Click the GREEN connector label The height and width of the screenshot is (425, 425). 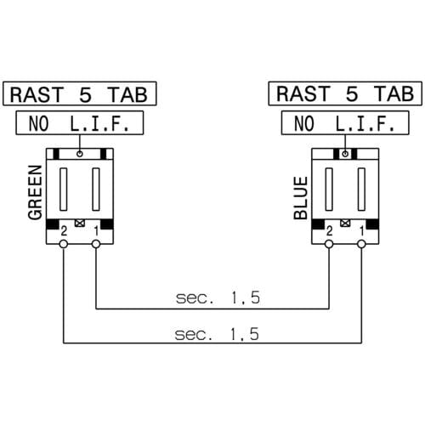tap(35, 193)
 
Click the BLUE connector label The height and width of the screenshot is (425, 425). tap(301, 198)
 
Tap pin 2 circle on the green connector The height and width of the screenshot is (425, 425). tap(64, 244)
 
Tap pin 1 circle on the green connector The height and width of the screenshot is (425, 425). tap(96, 244)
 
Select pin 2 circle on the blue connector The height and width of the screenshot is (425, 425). tap(329, 244)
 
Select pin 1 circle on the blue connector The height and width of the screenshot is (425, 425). tap(361, 244)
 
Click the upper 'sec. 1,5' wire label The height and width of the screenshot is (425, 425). tap(218, 297)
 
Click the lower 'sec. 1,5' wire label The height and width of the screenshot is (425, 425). tap(217, 334)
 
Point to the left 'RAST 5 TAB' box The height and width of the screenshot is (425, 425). tap(80, 93)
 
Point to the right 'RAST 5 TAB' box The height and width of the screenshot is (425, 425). tap(345, 93)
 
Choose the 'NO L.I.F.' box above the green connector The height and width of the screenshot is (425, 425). tap(80, 123)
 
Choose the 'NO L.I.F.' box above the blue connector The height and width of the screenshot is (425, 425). tap(345, 123)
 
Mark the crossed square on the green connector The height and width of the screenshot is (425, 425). tap(80, 223)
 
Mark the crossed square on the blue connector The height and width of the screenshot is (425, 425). tap(345, 223)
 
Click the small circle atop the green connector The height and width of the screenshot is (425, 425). tap(80, 154)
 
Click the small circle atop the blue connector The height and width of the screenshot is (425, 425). tap(345, 154)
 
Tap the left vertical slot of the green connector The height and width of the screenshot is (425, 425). tap(64, 190)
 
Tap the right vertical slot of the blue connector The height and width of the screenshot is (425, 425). tap(361, 190)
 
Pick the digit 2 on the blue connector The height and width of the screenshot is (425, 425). tap(329, 231)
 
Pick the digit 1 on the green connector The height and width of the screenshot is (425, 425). tap(97, 231)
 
